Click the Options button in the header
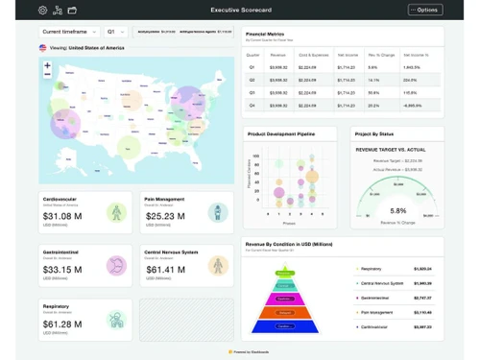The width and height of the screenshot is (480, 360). click(425, 10)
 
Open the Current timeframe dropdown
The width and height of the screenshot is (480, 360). click(69, 32)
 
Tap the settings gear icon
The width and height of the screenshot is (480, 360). click(42, 10)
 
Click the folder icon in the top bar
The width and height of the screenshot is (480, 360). click(71, 10)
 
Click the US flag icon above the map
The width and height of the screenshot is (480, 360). click(42, 47)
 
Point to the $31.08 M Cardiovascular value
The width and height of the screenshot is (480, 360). click(62, 216)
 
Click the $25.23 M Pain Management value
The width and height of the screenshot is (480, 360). click(164, 216)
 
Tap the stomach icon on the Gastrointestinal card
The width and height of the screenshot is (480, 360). click(117, 264)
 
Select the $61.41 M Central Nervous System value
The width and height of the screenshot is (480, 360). click(165, 270)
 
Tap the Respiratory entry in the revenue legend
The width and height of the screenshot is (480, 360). click(372, 269)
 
